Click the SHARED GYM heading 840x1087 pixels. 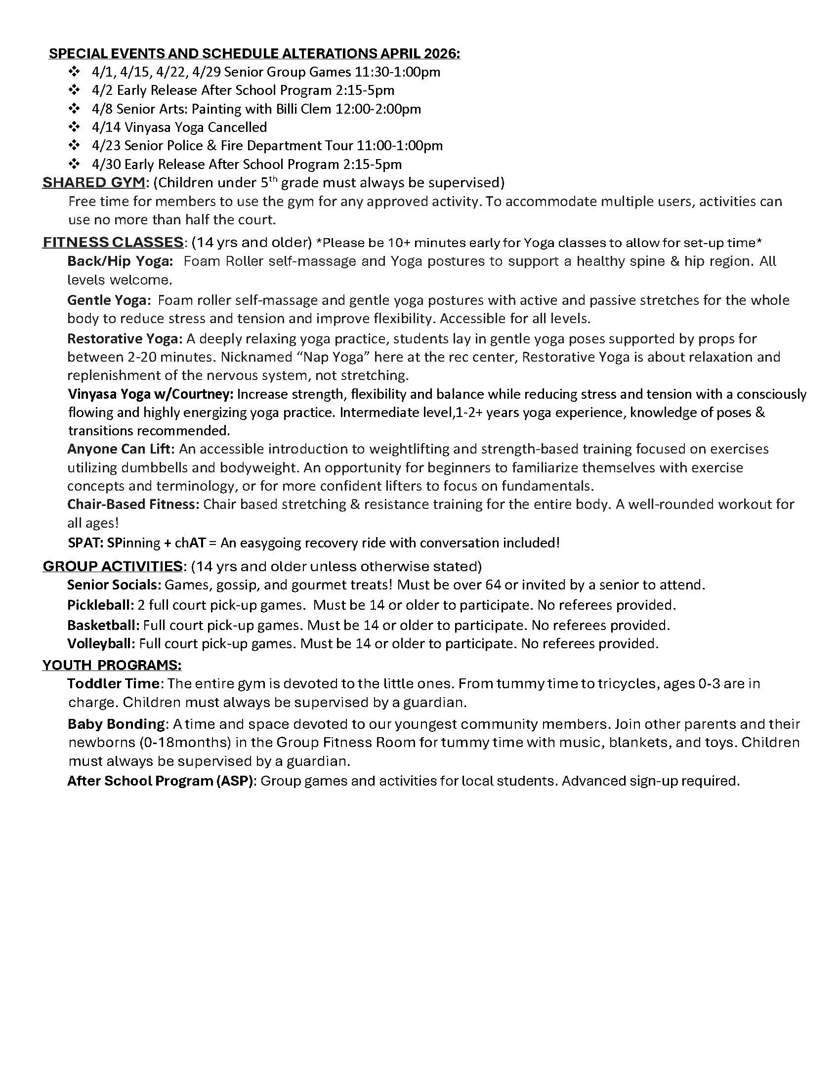click(x=93, y=183)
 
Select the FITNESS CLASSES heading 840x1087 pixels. click(x=113, y=243)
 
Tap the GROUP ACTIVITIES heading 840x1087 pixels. click(x=113, y=566)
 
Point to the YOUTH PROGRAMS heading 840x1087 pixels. click(x=112, y=665)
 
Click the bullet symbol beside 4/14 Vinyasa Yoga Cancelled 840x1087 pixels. click(x=74, y=127)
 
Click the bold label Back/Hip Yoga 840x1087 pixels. click(x=120, y=261)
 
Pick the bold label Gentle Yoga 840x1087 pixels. click(x=109, y=300)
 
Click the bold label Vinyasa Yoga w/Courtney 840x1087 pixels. click(x=150, y=394)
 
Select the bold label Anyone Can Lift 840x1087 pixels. click(x=121, y=449)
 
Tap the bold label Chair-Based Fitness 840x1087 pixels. click(x=133, y=504)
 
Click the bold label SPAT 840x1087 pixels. click(x=85, y=543)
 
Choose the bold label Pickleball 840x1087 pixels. click(x=100, y=605)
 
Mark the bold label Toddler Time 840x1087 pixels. click(x=114, y=683)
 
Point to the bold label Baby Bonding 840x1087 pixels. click(x=116, y=724)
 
